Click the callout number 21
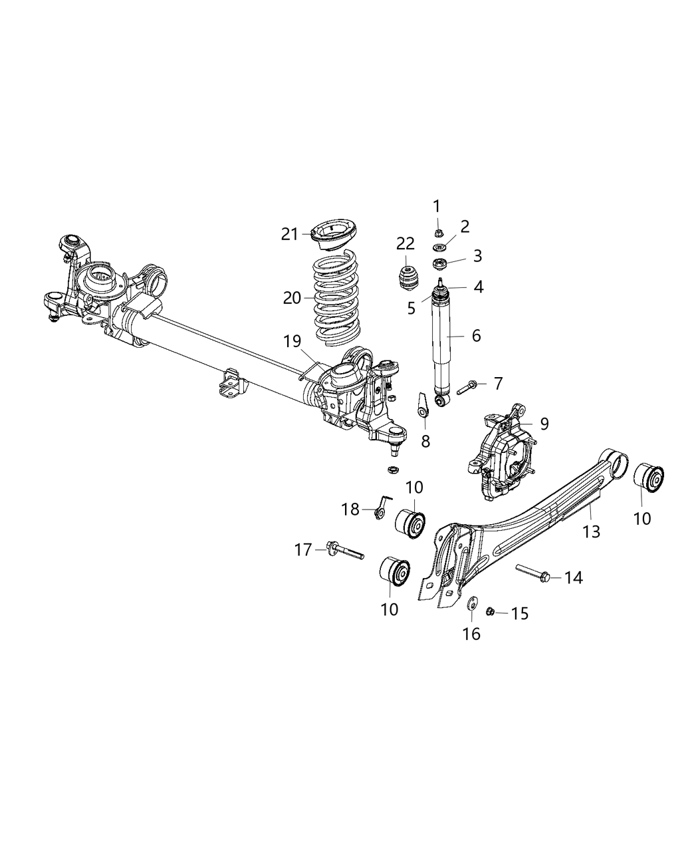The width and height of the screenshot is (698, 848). (x=289, y=234)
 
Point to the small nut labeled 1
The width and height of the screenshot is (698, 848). (x=438, y=232)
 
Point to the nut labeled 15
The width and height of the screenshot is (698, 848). (x=490, y=611)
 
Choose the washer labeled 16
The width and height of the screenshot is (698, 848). (x=471, y=604)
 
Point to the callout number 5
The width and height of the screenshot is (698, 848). (x=411, y=308)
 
